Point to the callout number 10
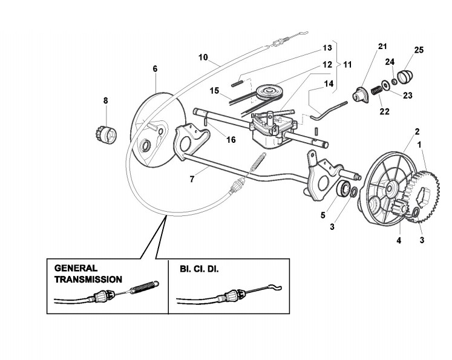coord(203,58)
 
